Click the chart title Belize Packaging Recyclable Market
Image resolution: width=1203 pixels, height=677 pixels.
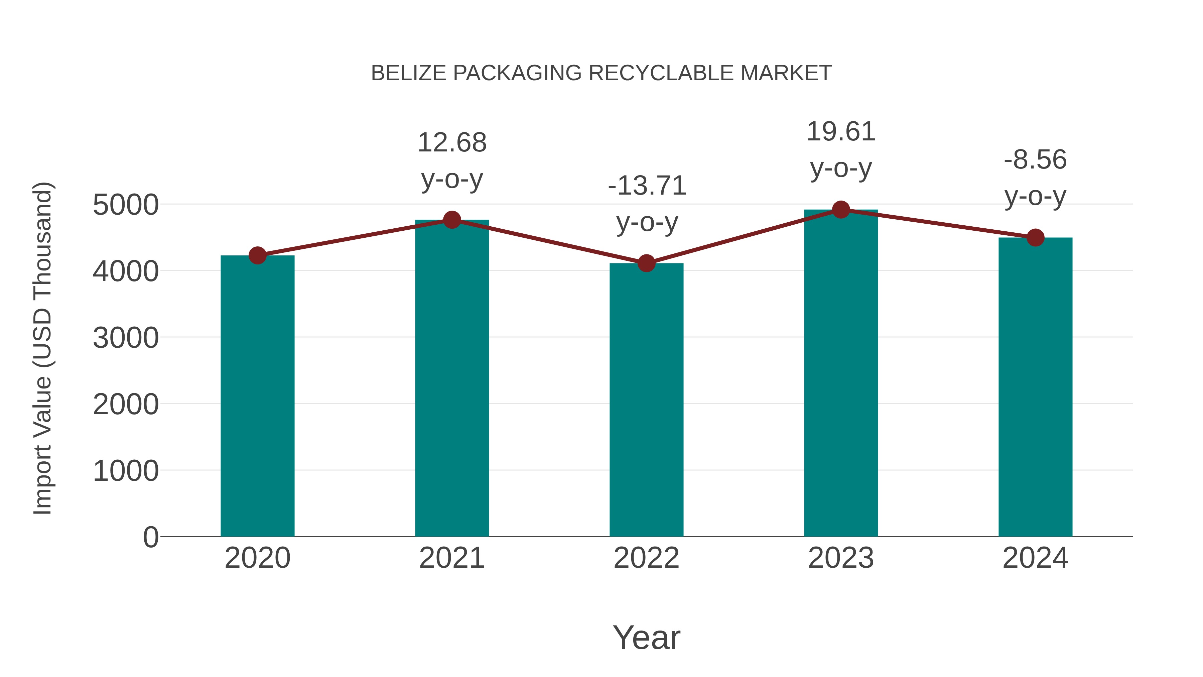click(x=601, y=73)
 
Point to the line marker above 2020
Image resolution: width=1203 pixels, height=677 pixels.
click(x=257, y=255)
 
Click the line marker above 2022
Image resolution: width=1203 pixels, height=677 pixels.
click(x=646, y=263)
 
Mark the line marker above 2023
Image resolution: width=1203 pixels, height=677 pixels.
click(x=841, y=210)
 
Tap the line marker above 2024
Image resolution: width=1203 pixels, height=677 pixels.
click(x=1035, y=238)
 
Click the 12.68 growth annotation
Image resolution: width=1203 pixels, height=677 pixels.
click(x=451, y=143)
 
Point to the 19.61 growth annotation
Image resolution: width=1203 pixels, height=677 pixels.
click(x=841, y=132)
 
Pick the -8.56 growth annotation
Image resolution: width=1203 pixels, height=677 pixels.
click(x=1035, y=160)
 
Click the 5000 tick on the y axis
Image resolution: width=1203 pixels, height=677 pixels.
click(x=126, y=205)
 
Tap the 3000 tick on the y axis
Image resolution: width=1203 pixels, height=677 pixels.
click(x=126, y=338)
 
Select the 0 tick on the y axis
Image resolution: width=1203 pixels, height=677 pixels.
click(x=150, y=537)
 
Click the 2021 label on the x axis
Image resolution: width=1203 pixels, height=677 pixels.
click(x=451, y=558)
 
